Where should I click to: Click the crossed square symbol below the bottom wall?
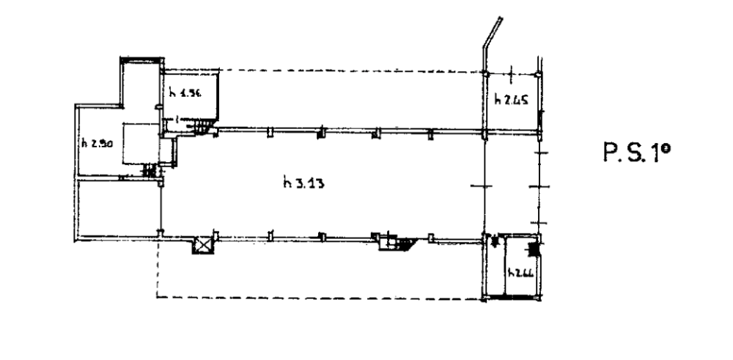[x=201, y=246]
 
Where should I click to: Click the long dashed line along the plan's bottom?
[x=315, y=298]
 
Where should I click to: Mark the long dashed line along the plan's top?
[x=352, y=70]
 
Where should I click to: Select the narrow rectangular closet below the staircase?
[x=166, y=150]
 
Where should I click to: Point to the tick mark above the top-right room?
[x=511, y=72]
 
